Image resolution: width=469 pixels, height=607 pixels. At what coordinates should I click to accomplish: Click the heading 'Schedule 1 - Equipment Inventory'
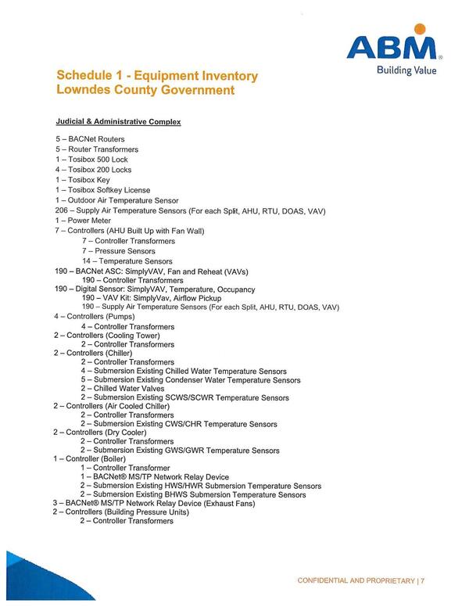point(156,76)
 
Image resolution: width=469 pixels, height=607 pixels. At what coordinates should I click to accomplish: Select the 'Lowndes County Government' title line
point(145,90)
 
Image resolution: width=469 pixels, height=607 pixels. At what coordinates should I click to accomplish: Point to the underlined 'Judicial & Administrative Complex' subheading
point(118,122)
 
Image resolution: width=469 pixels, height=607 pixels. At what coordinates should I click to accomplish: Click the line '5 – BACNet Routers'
point(89,139)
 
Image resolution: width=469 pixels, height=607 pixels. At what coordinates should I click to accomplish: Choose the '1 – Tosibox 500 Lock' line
point(91,160)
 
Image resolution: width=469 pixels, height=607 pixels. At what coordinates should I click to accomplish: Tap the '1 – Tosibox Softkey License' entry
point(102,190)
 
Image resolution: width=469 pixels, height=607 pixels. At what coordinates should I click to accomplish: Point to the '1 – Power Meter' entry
point(84,221)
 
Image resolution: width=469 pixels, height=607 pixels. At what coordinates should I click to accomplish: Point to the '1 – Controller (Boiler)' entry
point(102,458)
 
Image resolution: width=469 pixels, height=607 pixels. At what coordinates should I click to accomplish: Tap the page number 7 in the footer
point(422,580)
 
